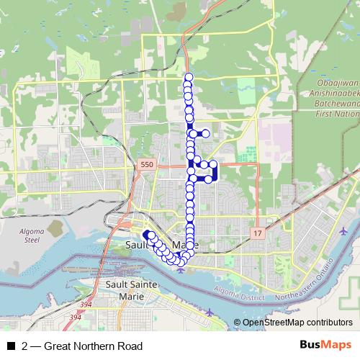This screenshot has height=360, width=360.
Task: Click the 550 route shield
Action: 148,165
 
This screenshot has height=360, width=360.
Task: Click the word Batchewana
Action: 335,104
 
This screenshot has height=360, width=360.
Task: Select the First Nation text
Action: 335,114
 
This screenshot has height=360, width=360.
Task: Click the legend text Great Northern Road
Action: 93,346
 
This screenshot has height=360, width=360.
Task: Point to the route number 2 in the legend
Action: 25,346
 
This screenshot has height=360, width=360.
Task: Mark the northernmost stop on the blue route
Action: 189,77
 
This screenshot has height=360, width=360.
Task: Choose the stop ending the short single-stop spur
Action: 205,133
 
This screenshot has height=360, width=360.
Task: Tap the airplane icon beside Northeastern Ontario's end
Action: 342,232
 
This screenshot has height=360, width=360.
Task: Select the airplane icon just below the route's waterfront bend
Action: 181,270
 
